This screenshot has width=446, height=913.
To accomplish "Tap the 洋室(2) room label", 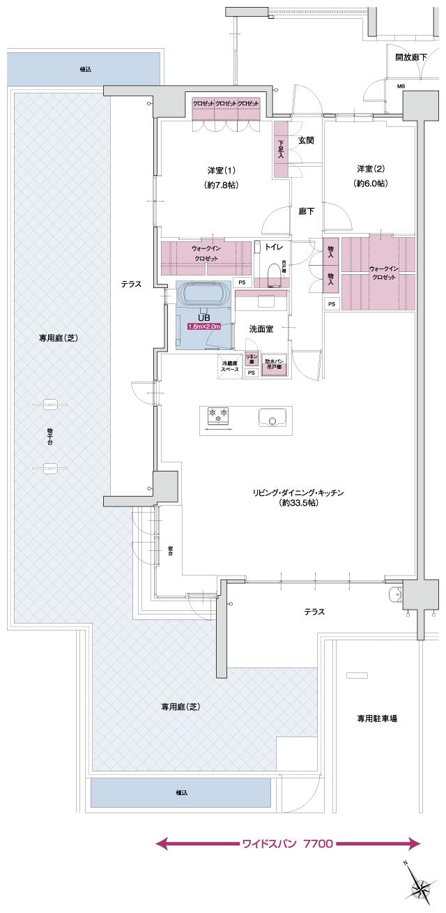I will pyautogui.click(x=371, y=169).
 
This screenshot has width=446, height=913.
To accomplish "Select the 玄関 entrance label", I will pyautogui.click(x=305, y=140).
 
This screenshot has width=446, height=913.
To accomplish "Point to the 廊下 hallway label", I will pyautogui.click(x=305, y=211).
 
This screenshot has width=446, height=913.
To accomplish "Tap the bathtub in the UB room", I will pyautogui.click(x=203, y=294).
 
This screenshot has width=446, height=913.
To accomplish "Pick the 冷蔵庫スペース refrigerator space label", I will pyautogui.click(x=230, y=365).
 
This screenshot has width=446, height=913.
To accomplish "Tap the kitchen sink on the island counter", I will pyautogui.click(x=273, y=418).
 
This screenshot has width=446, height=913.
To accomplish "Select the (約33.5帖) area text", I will pyautogui.click(x=298, y=502).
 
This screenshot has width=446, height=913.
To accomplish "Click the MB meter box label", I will pyautogui.click(x=401, y=86).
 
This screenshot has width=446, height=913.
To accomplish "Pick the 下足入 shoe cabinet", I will pyautogui.click(x=282, y=149).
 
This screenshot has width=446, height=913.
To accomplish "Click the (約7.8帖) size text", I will pyautogui.click(x=222, y=186).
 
